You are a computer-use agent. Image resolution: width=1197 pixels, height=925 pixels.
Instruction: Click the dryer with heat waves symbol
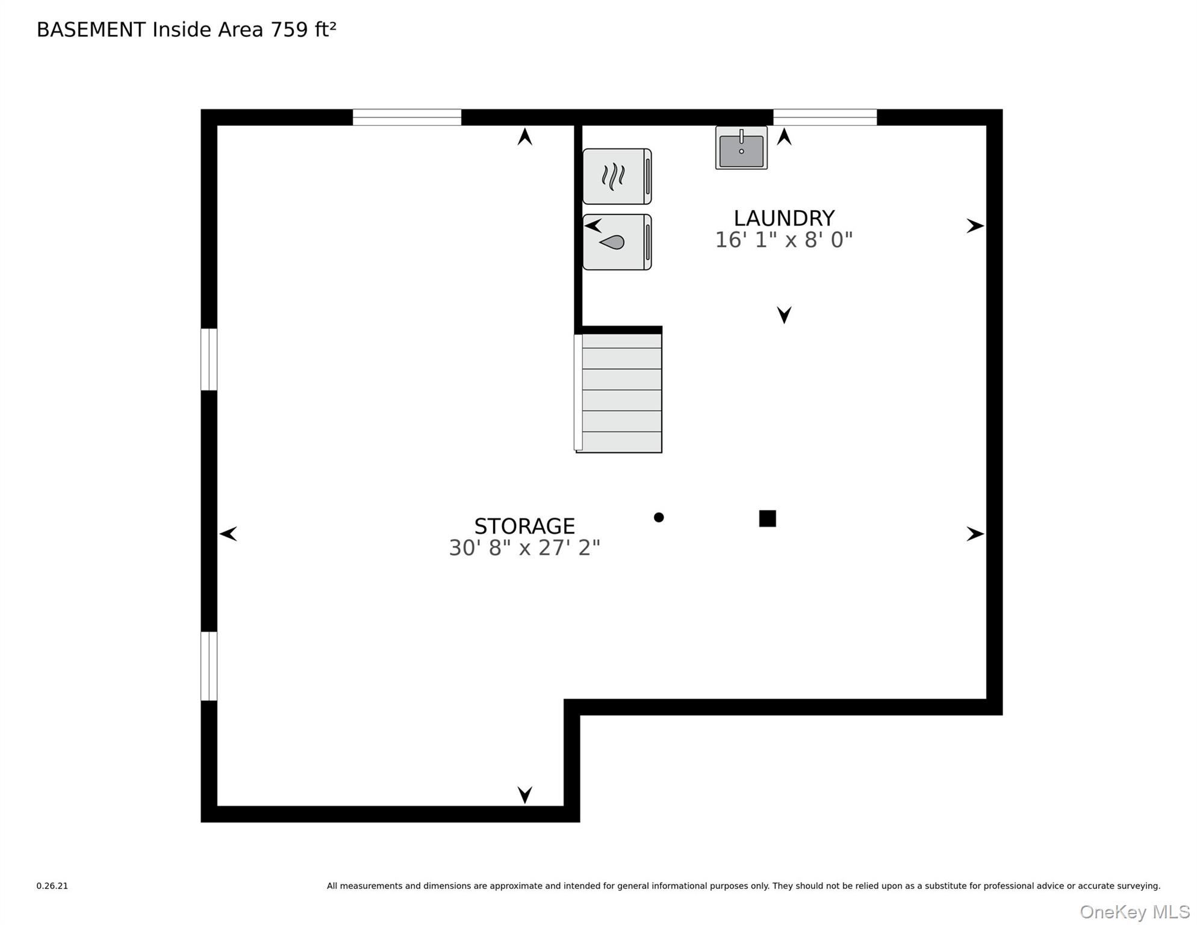coord(617,176)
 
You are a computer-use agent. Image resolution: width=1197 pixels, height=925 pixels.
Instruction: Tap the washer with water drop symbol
coord(617,242)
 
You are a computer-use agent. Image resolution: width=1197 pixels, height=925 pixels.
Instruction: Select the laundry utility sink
coord(741,148)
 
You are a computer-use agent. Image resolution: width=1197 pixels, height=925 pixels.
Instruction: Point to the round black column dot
coord(659,517)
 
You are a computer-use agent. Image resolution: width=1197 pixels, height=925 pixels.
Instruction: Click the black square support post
coord(768,519)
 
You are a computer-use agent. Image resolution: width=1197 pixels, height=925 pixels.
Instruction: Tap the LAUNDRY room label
coord(784,217)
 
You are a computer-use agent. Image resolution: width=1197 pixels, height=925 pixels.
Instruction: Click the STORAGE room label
coord(524,526)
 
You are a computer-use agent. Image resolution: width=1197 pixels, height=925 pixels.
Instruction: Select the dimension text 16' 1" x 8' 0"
coord(783,240)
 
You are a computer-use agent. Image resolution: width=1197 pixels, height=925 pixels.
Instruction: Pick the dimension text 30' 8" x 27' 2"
coord(524,548)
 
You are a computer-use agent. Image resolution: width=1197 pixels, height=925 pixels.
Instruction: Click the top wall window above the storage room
coord(407,117)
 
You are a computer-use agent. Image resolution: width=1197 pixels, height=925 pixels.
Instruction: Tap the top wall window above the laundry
coord(825,117)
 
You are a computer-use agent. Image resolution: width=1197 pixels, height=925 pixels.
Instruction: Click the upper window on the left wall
coord(209,360)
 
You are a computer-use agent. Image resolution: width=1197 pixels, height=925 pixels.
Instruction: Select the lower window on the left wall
coord(209,666)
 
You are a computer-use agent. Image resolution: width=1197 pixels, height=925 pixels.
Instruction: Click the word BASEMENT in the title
coord(91,30)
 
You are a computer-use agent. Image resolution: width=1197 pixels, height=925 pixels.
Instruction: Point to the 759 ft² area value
coord(303,30)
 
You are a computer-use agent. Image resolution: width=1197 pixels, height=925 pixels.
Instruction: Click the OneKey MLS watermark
coord(1134,912)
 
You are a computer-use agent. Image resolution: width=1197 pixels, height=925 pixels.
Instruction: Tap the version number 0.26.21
coord(52,886)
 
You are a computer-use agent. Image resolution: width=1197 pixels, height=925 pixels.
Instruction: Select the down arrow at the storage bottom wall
coord(525,795)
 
